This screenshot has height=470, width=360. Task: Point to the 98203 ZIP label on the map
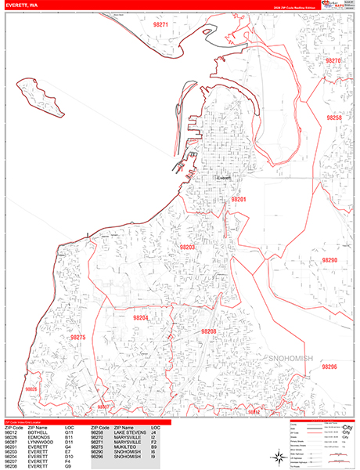(x=188, y=248)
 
